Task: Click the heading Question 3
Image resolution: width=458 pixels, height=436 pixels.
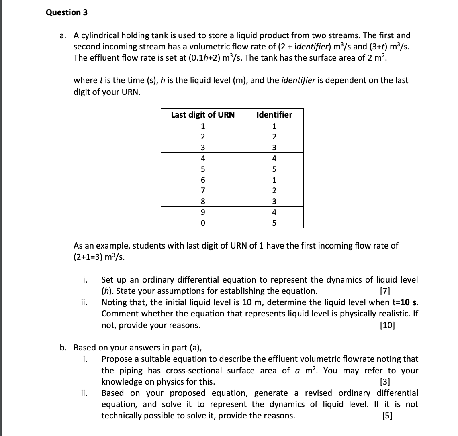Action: [67, 12]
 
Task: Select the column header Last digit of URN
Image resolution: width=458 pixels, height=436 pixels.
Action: [202, 115]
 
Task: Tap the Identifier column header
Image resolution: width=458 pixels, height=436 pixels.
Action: [274, 115]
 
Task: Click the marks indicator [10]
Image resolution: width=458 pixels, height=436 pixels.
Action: [387, 325]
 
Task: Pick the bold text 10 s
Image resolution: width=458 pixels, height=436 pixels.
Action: [407, 302]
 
